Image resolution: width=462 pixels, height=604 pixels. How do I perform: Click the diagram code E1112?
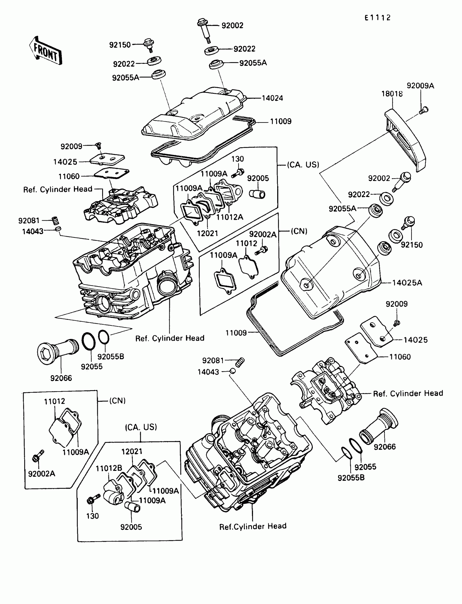377,18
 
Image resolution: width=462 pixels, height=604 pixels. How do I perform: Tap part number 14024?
272,98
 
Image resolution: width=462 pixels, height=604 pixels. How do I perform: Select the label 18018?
392,94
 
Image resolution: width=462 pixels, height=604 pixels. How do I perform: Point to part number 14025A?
407,283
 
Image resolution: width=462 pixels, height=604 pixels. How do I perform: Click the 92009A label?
420,86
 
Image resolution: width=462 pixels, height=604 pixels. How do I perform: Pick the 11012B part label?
109,468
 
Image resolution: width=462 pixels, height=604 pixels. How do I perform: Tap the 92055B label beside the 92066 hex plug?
111,356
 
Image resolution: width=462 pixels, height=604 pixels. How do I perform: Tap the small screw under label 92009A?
424,111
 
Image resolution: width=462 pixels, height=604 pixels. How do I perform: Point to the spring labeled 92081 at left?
56,220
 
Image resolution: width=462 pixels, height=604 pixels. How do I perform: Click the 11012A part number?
230,217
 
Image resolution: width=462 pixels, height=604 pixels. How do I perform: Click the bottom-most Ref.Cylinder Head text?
253,526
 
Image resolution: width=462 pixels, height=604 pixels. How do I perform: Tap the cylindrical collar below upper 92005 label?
257,194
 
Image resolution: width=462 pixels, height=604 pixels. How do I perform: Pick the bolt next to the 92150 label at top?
149,45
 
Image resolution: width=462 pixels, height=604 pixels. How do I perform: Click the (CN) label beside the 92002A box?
299,231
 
